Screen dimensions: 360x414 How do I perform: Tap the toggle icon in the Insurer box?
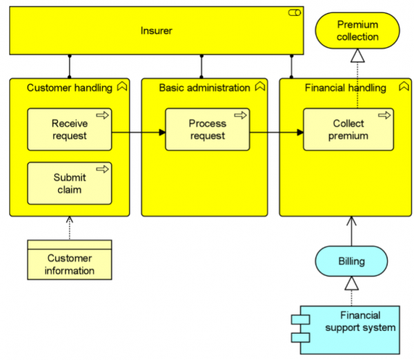click(293, 13)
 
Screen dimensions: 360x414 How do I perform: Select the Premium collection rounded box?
click(357, 31)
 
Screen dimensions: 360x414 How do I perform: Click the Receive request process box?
click(69, 129)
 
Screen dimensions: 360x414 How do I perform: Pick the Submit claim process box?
click(69, 183)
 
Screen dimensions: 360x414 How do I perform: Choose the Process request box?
click(207, 129)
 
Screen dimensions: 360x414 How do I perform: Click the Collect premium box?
click(348, 129)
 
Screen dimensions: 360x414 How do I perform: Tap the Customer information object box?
click(69, 260)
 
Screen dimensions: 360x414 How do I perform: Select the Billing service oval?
click(351, 261)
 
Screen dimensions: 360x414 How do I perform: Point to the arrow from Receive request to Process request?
click(138, 132)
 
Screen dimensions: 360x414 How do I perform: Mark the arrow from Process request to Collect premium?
click(276, 132)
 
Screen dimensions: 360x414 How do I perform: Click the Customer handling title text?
click(69, 88)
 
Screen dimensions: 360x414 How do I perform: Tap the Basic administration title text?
click(204, 88)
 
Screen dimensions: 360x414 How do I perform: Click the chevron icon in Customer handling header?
click(122, 87)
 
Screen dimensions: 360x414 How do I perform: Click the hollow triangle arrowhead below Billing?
click(351, 283)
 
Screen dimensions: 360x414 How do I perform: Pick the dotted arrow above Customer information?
click(69, 228)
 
